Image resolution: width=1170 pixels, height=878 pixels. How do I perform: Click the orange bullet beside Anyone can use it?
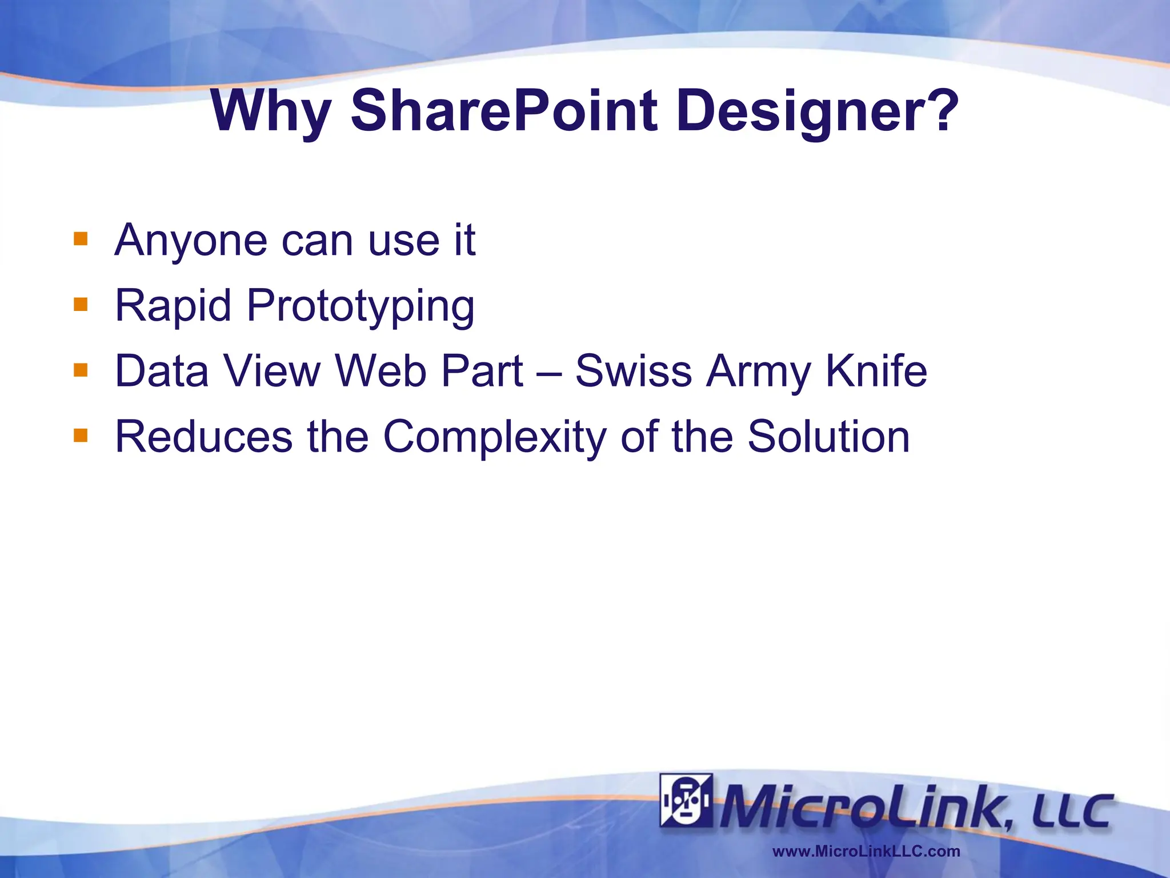81,238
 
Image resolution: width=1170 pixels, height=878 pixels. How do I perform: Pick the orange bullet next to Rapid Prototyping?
81,304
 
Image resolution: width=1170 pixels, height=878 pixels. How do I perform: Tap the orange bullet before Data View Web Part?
81,370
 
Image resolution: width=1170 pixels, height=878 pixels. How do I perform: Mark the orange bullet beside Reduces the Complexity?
81,436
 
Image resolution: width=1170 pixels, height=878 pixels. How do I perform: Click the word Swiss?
633,371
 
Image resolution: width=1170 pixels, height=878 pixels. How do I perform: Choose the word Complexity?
494,437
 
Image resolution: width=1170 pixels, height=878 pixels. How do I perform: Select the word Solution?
828,437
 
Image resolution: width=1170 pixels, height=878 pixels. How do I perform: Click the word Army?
758,372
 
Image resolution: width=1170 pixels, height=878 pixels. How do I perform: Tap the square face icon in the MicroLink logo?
686,800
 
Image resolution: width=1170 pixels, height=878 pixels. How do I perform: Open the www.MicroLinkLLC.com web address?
866,851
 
